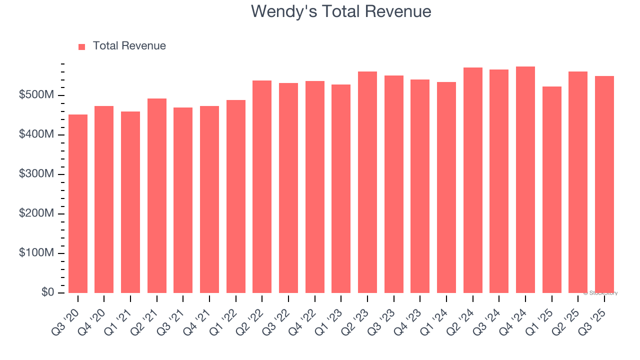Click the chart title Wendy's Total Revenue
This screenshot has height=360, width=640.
[x=340, y=11]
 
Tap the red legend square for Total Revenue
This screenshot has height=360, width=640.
[x=82, y=46]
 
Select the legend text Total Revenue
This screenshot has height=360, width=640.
[x=129, y=46]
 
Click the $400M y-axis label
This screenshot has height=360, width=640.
[x=37, y=135]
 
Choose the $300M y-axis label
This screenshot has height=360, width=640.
[x=37, y=174]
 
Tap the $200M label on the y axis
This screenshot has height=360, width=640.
[x=37, y=214]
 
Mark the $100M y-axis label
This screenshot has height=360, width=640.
[x=37, y=253]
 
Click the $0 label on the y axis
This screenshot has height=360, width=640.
[x=48, y=292]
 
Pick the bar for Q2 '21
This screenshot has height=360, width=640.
[x=157, y=195]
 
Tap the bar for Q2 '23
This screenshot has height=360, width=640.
[x=367, y=182]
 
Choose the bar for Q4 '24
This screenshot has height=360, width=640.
[x=525, y=179]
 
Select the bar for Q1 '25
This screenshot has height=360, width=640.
[x=551, y=189]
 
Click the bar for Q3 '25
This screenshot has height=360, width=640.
[x=604, y=184]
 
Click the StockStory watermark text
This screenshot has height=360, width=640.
[x=600, y=293]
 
